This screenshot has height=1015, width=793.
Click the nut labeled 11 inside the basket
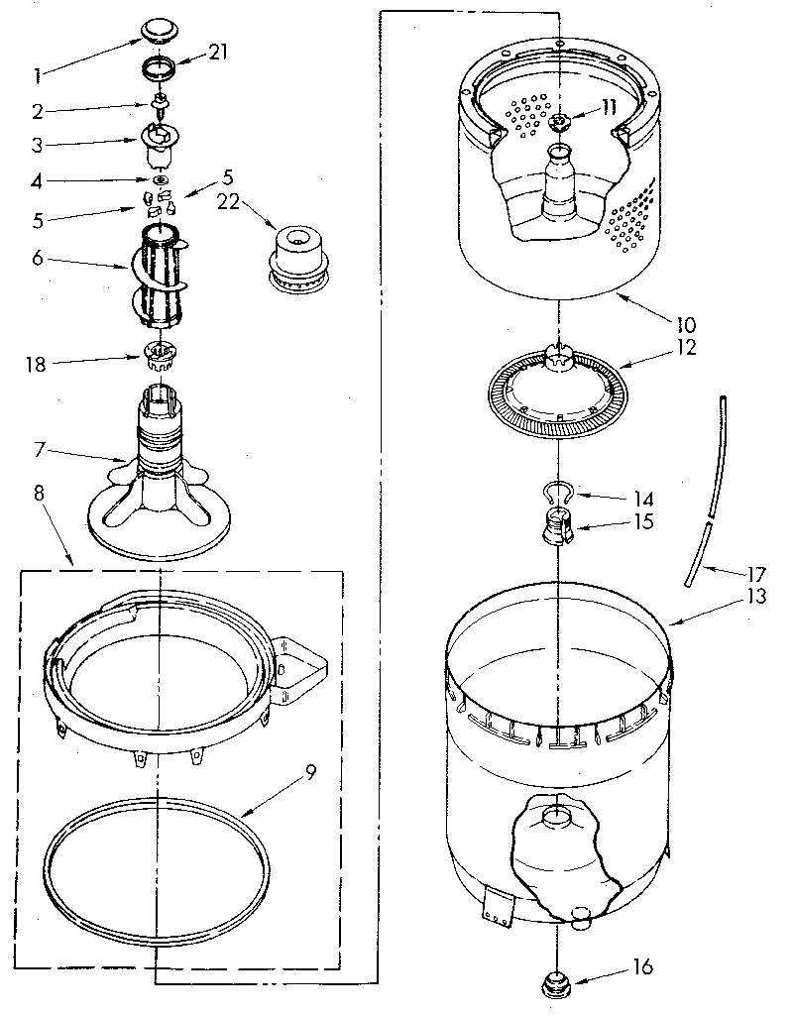[560, 122]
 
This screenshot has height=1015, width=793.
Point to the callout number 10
[687, 323]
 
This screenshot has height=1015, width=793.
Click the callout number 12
[687, 348]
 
